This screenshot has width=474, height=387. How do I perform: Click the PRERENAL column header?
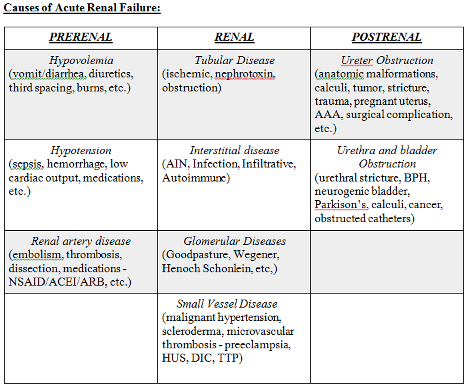pos(81,37)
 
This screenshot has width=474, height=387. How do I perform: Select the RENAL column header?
pos(234,37)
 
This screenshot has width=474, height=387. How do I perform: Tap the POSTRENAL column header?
pos(387,37)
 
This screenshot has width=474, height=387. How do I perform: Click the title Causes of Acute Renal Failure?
pos(82,9)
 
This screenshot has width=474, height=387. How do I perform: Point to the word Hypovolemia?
pos(81,60)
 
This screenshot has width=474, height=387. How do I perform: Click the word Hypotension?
pos(81,151)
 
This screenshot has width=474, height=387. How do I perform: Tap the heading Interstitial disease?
pos(234,151)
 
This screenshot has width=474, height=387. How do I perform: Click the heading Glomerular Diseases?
pos(234,241)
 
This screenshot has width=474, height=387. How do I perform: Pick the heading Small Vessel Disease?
pos(227,304)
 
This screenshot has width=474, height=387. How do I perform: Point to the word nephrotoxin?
pos(245,74)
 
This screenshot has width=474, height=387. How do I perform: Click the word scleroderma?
pos(193,332)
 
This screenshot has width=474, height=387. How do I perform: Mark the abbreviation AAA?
pos(327,115)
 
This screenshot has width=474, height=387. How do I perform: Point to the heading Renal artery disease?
pos(81,241)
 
